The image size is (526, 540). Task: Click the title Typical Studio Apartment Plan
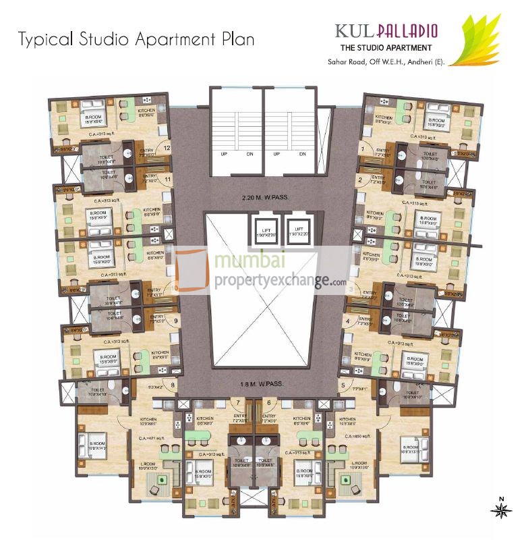(x=136, y=38)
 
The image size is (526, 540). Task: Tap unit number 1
(x=363, y=148)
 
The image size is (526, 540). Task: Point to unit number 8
(x=173, y=385)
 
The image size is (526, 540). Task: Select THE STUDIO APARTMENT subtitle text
(x=386, y=47)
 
